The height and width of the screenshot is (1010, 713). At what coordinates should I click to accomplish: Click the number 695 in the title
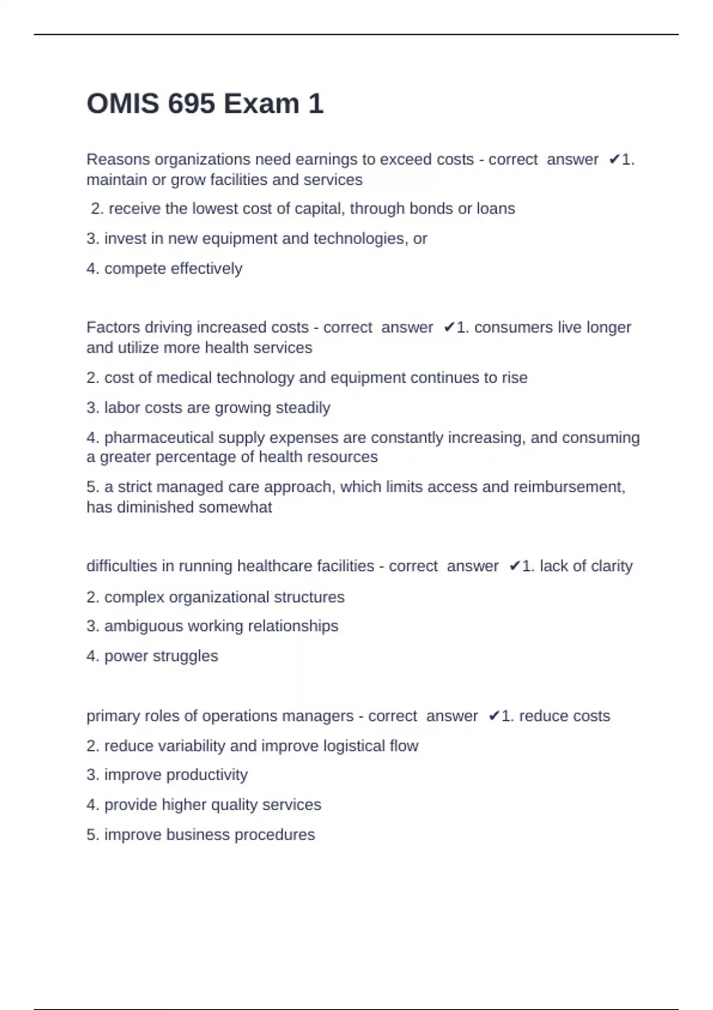point(191,104)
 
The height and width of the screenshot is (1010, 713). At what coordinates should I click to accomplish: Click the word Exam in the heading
point(261,104)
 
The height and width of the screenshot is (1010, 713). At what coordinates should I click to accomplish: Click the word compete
point(135,269)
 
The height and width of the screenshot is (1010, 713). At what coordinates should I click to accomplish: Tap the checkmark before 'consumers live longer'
point(449,327)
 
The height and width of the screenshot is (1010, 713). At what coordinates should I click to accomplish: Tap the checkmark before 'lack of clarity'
point(515,566)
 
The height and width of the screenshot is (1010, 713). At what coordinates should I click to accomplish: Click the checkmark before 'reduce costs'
point(494,717)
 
